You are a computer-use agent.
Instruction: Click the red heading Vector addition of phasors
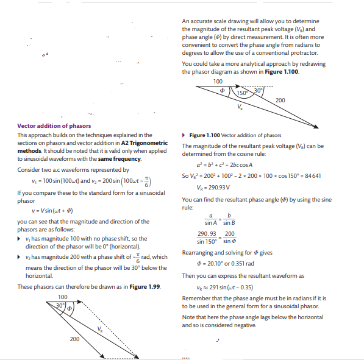(x=54, y=126)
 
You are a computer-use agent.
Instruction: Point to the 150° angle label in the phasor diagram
(x=243, y=93)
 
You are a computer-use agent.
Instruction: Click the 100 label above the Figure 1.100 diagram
(x=218, y=81)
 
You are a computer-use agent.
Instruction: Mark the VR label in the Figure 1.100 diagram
(x=240, y=108)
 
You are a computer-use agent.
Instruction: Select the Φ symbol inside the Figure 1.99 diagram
(x=70, y=308)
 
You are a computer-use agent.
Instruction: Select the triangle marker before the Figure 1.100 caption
(x=184, y=135)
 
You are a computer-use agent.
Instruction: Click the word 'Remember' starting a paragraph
(x=196, y=298)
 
